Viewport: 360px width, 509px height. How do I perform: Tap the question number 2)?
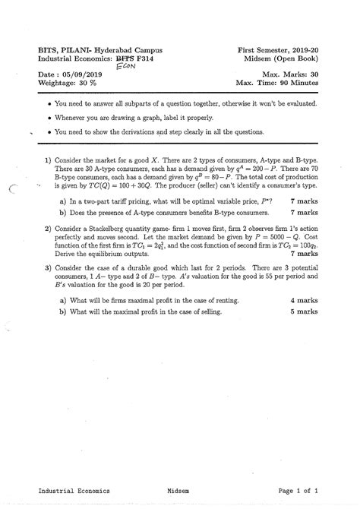point(47,227)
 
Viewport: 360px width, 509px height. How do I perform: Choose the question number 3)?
point(47,268)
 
